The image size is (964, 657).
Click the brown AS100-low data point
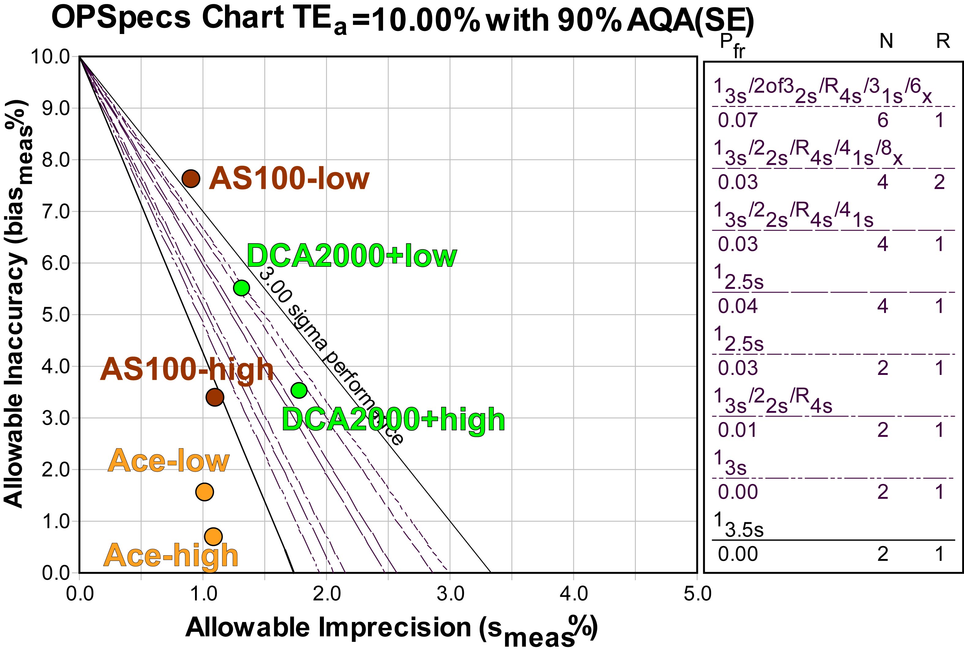coord(191,179)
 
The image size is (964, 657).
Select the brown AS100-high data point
coord(215,397)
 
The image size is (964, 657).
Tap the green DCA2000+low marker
coord(242,288)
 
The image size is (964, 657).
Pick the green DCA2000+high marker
coord(299,390)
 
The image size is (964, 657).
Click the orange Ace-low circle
coord(204,492)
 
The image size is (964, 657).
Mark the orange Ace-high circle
coord(213,536)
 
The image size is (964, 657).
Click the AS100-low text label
coord(289,179)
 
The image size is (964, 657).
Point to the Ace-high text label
coord(171,556)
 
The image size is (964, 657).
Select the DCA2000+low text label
coord(351,256)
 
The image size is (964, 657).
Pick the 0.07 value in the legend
coord(737,120)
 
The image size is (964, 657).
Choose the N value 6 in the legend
coord(883,120)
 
